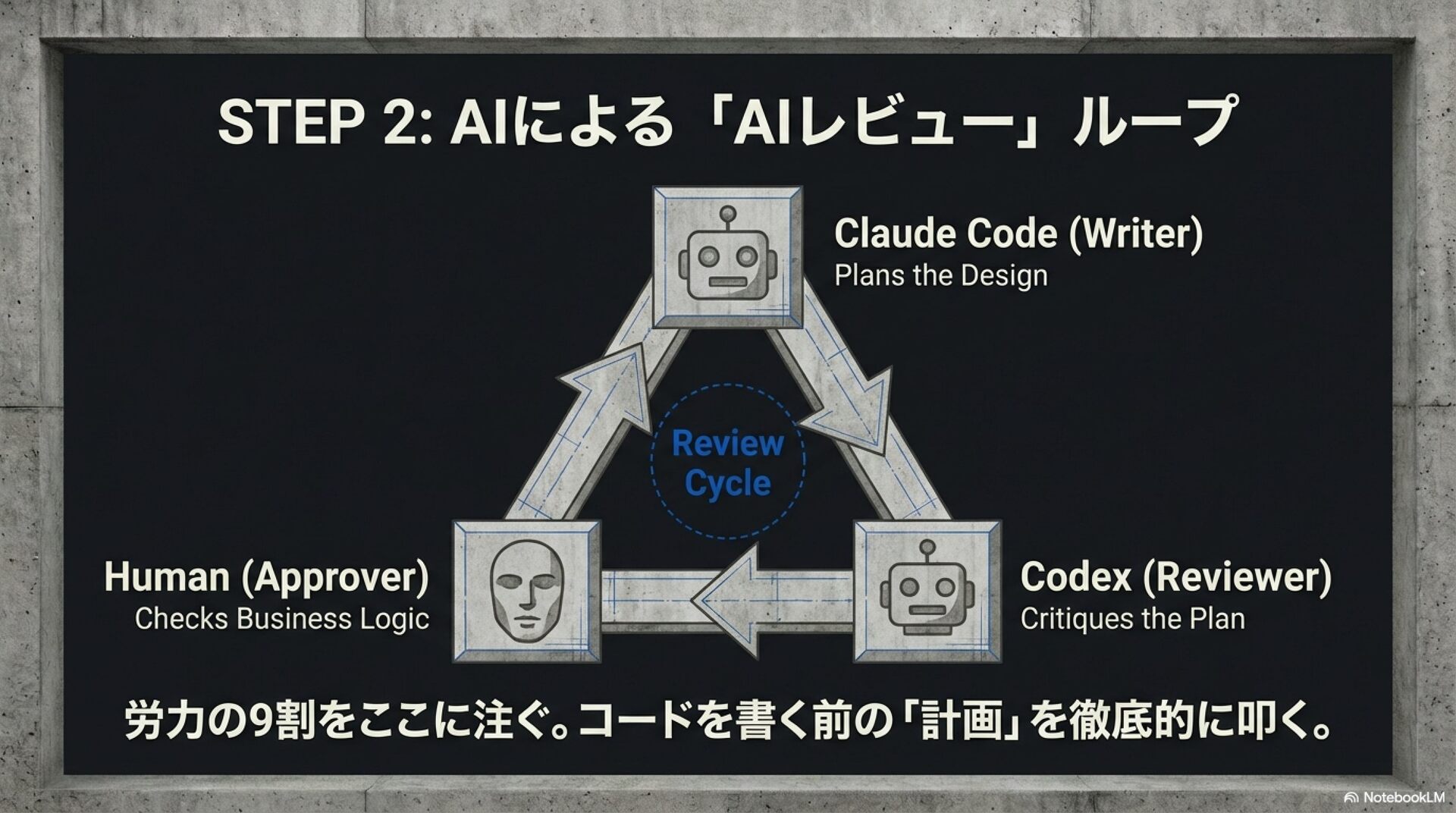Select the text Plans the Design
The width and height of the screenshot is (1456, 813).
[x=940, y=275]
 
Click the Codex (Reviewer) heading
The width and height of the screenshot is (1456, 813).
[x=1175, y=577]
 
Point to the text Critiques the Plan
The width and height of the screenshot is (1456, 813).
[x=1131, y=619]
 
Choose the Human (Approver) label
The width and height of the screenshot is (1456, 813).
[x=266, y=577]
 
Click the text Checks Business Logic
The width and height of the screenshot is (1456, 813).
[x=281, y=619]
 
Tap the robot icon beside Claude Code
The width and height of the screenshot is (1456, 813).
[x=726, y=258]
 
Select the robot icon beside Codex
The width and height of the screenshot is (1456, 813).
[x=926, y=592]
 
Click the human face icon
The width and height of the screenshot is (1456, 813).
[x=527, y=592]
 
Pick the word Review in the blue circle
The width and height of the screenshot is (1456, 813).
[x=727, y=444]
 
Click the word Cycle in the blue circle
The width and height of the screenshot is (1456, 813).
[x=727, y=483]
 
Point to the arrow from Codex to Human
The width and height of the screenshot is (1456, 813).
[x=728, y=600]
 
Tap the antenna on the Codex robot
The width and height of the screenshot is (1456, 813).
[x=926, y=547]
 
